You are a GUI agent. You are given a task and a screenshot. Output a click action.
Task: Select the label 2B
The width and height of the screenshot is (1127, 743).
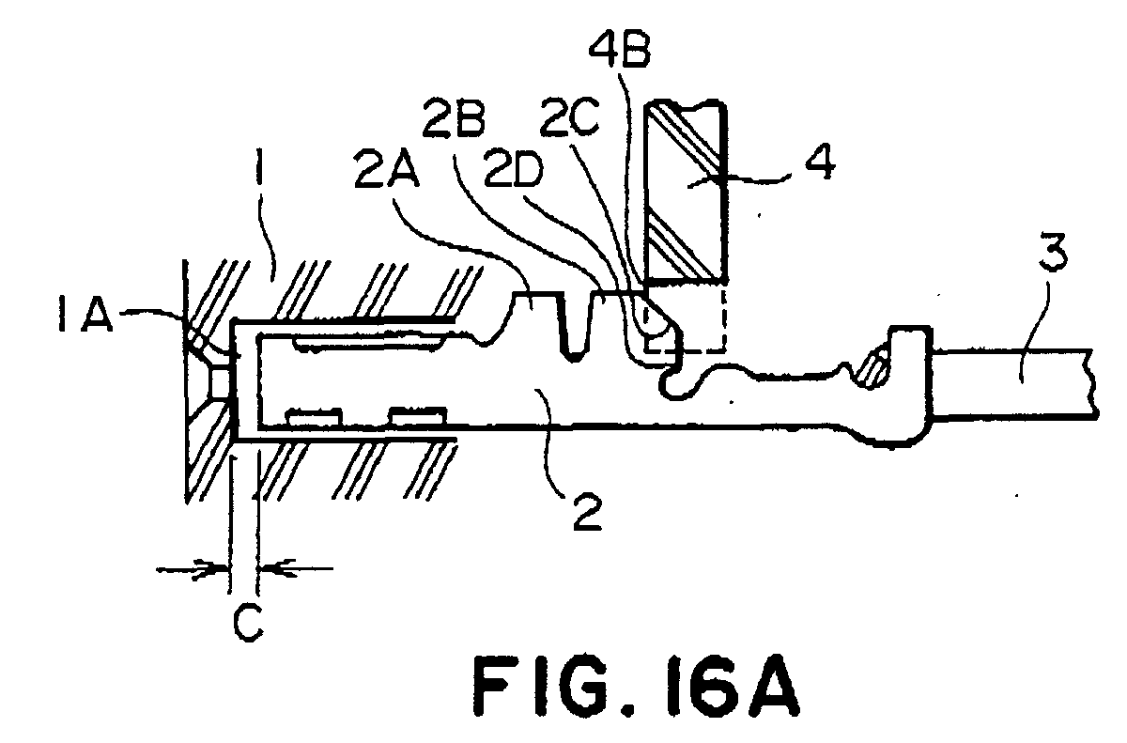click(x=454, y=118)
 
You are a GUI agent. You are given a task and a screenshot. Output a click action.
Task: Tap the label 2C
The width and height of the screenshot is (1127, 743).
click(x=569, y=118)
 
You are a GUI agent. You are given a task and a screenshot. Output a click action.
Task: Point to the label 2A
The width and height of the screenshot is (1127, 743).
click(x=386, y=172)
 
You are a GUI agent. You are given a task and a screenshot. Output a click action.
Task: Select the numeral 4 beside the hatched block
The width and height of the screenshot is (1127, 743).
click(x=819, y=162)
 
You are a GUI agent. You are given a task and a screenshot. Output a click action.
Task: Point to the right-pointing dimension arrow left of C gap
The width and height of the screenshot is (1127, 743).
click(x=193, y=569)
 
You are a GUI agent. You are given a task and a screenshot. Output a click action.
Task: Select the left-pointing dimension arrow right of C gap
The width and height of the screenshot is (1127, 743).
click(x=295, y=569)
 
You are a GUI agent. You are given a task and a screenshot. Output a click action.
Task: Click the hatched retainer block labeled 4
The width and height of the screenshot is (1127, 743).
click(x=687, y=192)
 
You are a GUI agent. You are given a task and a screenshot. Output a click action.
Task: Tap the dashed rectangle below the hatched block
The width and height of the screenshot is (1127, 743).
click(x=686, y=317)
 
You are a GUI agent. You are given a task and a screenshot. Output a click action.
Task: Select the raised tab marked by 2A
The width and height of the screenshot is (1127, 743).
click(x=536, y=307)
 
